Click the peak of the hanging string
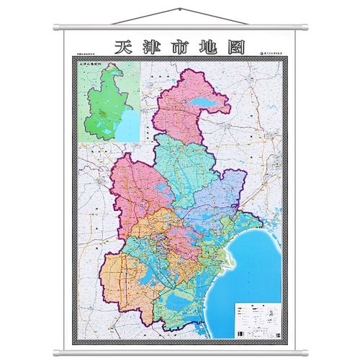coord(180,9)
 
